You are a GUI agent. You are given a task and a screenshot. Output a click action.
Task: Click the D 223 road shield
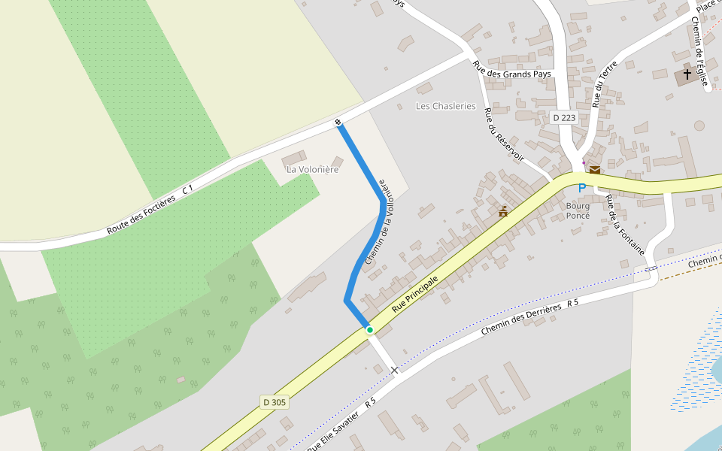click(564, 117)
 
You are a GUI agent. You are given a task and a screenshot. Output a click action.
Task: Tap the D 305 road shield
click(275, 402)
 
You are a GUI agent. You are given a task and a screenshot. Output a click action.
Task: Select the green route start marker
click(369, 330)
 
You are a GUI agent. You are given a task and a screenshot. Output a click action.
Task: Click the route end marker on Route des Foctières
click(338, 122)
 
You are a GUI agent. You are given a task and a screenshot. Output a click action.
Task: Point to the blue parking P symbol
click(581, 187)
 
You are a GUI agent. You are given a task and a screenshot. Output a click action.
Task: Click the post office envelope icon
click(594, 170)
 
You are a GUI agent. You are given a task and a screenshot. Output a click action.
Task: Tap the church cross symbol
click(687, 75)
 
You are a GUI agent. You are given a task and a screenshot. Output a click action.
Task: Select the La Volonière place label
click(313, 169)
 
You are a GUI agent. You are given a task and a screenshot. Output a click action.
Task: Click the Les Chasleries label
click(446, 106)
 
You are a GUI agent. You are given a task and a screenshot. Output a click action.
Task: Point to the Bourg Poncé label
click(578, 210)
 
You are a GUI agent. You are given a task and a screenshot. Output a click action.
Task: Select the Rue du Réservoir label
click(504, 135)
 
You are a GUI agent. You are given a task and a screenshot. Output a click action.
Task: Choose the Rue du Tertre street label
click(605, 83)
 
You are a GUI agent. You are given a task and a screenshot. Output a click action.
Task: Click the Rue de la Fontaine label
click(625, 224)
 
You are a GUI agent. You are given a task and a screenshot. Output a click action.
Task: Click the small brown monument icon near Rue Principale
click(502, 212)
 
